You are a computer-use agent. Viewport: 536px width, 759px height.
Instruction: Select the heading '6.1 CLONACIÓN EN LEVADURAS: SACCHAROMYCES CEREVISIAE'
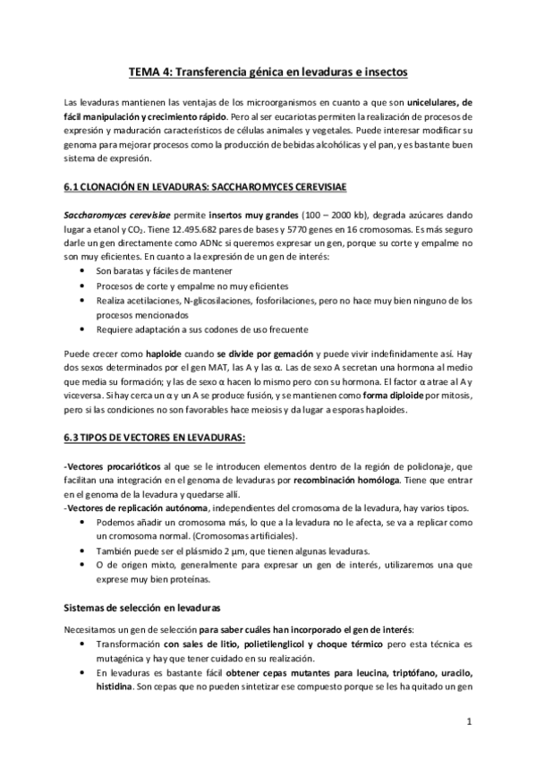(205, 187)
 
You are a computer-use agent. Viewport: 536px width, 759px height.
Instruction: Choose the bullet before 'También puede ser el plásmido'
(83, 550)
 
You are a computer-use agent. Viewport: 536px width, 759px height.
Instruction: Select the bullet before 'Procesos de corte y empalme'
(83, 285)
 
